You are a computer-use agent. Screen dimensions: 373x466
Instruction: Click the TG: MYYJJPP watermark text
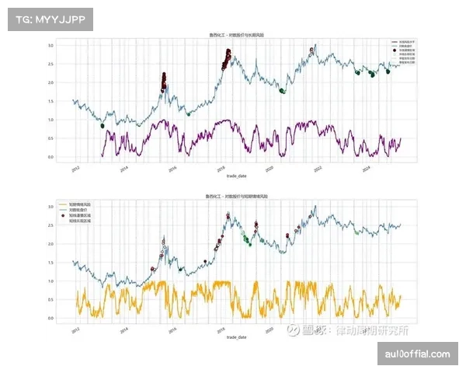click(x=48, y=19)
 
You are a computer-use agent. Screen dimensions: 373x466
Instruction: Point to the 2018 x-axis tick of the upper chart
click(x=221, y=167)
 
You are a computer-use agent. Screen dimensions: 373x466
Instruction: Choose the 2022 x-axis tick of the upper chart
click(x=317, y=167)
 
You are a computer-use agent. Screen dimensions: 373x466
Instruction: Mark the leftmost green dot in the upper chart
click(x=102, y=126)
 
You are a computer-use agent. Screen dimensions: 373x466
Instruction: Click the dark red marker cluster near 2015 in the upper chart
click(x=164, y=81)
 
